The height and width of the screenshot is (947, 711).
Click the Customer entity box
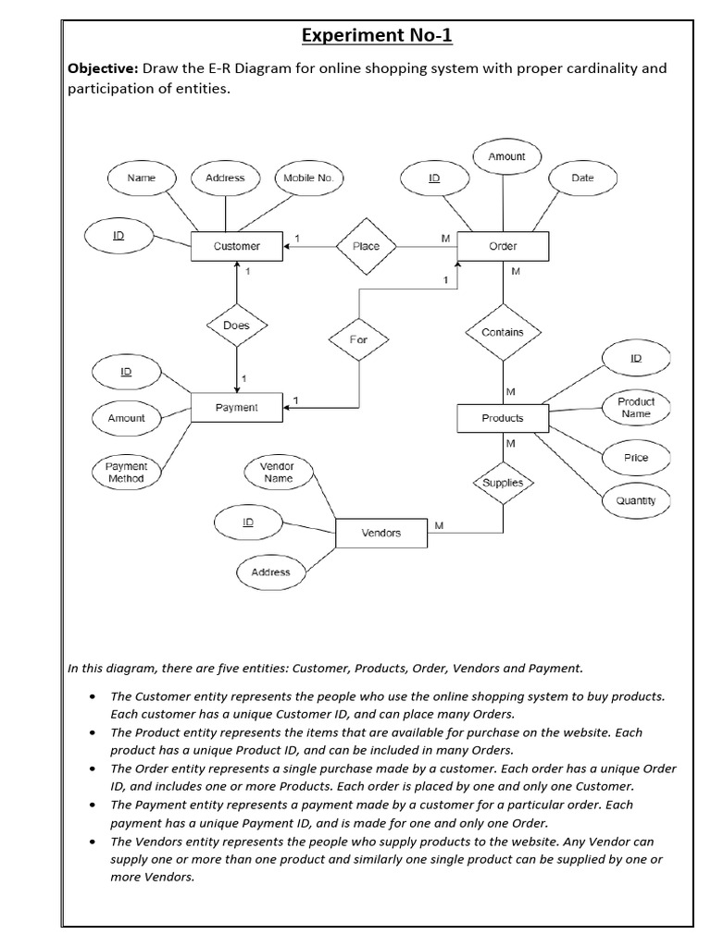click(237, 246)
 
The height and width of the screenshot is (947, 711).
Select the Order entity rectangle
click(503, 246)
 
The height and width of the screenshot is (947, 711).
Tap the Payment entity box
click(237, 408)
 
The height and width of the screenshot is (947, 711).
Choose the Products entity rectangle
click(503, 418)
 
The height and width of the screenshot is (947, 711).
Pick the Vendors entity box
click(381, 533)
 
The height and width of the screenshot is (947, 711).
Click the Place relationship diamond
click(366, 246)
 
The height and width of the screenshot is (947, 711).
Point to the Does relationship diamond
click(237, 326)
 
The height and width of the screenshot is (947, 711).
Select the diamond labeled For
click(358, 339)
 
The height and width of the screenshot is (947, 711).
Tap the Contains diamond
click(503, 332)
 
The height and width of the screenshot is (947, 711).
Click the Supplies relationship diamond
click(503, 483)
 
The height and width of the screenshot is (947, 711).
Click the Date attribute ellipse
click(582, 178)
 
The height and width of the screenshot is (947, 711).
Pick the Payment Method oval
click(126, 473)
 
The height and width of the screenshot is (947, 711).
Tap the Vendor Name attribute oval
click(277, 473)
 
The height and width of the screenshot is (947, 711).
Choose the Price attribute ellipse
click(636, 458)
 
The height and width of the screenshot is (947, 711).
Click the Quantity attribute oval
click(636, 500)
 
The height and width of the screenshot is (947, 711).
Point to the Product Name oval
click(636, 408)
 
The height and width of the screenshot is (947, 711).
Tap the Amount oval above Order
click(506, 156)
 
